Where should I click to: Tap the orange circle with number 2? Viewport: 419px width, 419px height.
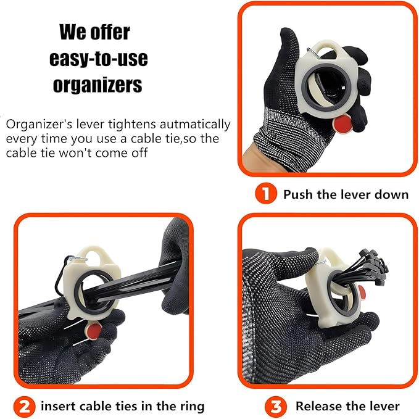(x=24, y=407)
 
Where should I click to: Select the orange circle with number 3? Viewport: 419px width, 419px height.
(x=276, y=407)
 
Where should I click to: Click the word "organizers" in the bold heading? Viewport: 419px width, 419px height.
(x=97, y=85)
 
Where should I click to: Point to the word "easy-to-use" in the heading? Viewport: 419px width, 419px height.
(x=99, y=58)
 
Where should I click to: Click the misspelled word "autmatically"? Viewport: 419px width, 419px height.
(x=195, y=125)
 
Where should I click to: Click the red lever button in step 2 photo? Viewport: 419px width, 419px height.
(x=93, y=331)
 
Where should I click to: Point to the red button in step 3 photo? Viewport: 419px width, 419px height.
(x=362, y=292)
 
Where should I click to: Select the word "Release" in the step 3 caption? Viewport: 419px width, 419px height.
(x=317, y=407)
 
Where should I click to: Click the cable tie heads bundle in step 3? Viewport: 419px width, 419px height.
(x=373, y=265)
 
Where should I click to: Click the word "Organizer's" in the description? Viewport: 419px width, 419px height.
(x=39, y=125)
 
